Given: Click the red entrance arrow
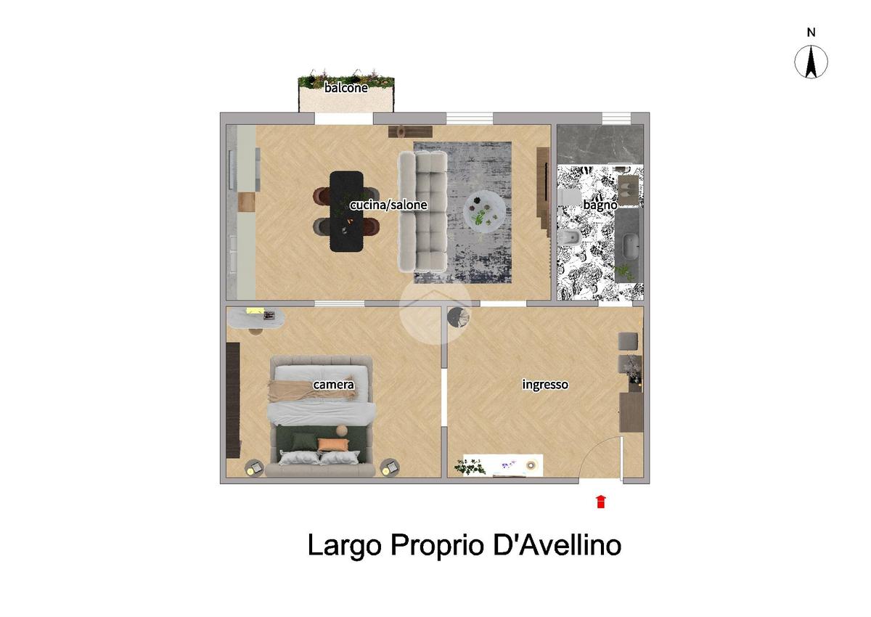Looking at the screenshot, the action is (601, 502).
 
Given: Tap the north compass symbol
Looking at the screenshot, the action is (811, 62).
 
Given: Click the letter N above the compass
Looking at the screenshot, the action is (811, 33).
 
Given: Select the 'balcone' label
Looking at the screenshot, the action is (345, 88).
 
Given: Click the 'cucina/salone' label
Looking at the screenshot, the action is (388, 205).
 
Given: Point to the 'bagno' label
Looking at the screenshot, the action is (600, 205).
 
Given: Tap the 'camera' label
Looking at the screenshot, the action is (334, 385).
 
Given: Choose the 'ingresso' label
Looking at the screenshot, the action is (545, 385).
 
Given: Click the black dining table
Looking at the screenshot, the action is (346, 211).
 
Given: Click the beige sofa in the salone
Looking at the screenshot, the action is (422, 211).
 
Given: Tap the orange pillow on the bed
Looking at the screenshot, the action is (333, 444).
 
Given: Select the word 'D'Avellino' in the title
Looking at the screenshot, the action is (557, 544).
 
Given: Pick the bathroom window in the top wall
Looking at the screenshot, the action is (616, 118).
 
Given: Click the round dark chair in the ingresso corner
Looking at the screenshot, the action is (458, 317).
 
